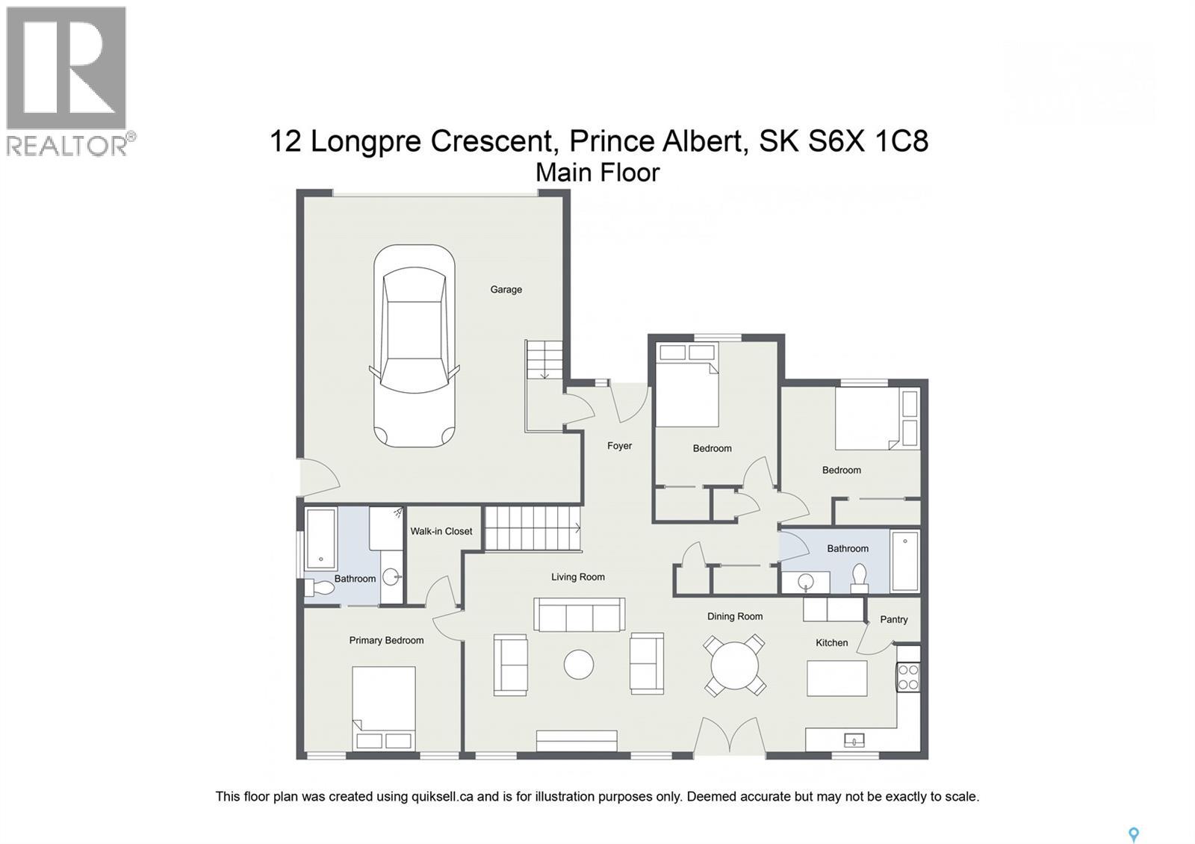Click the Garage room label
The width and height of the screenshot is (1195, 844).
506,290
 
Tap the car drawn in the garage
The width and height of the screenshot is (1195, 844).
414,346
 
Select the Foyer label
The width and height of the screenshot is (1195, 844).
619,446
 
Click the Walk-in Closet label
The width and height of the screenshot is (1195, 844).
441,531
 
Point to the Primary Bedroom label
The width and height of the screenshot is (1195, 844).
386,640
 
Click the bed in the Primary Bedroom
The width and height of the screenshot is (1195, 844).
384,707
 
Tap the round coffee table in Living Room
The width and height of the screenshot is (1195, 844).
579,664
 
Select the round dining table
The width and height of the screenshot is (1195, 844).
735,665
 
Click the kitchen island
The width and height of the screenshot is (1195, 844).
837,678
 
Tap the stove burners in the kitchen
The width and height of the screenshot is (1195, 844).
908,677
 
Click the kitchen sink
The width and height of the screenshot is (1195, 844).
854,740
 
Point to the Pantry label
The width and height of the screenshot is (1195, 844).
893,619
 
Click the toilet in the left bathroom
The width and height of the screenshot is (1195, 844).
320,588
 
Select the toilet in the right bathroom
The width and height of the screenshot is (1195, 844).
860,577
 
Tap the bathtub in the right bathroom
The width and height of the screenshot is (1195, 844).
904,561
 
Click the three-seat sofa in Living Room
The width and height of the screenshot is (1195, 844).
580,615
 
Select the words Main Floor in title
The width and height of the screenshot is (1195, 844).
597,173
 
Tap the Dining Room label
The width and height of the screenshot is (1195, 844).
735,616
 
